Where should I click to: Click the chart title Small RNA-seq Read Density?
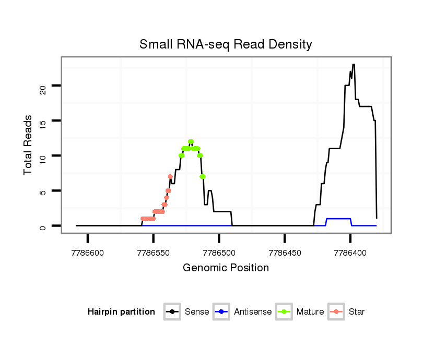click(226, 44)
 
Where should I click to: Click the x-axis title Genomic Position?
click(226, 268)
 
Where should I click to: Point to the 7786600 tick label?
click(88, 253)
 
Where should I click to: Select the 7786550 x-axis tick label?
click(153, 253)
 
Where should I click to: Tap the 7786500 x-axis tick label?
click(219, 253)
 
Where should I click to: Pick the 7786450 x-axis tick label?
click(285, 253)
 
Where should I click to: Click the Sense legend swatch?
click(172, 312)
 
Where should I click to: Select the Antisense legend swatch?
click(221, 312)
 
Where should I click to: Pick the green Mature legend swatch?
click(284, 312)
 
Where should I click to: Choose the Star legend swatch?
click(336, 312)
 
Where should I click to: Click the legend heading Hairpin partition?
click(121, 312)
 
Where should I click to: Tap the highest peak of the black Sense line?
click(354, 65)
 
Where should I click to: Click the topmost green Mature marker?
click(191, 142)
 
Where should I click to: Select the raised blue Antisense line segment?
click(338, 219)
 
